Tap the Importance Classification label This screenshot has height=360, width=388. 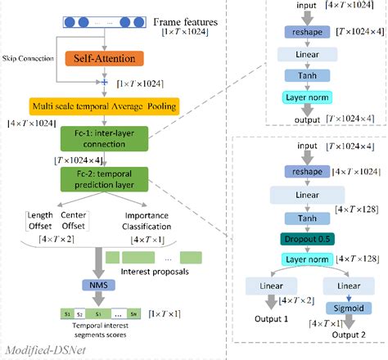coord(147,222)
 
